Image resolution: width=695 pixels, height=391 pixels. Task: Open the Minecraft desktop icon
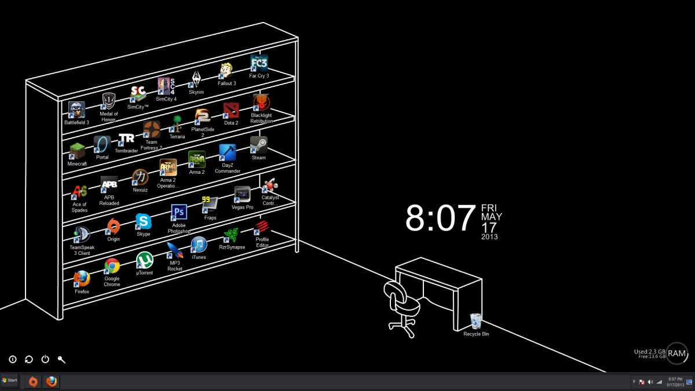77,151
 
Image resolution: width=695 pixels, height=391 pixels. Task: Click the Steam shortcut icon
258,145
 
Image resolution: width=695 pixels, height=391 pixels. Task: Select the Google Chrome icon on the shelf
112,266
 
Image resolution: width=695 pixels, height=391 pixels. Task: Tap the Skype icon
143,221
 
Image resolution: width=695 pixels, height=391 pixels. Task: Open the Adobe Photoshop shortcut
179,213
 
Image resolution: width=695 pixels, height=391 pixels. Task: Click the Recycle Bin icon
476,320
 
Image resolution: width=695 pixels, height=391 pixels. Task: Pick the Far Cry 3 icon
259,63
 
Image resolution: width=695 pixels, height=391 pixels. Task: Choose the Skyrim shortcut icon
196,80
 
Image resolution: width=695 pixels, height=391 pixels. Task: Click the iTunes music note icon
199,244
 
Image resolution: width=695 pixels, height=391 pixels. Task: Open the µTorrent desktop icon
144,261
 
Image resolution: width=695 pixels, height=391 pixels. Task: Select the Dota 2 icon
231,111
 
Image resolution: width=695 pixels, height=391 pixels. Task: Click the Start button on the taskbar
10,381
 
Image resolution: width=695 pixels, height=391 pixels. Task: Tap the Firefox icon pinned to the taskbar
52,381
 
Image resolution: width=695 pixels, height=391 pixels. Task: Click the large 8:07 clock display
440,218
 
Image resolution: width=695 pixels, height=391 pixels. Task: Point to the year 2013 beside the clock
489,236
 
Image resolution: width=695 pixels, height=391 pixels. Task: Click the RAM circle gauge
676,352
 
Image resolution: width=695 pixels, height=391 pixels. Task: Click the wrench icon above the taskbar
61,359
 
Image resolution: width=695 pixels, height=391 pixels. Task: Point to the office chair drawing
400,307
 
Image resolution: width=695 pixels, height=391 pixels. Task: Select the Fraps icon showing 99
210,204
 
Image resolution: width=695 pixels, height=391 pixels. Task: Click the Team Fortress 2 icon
151,129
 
